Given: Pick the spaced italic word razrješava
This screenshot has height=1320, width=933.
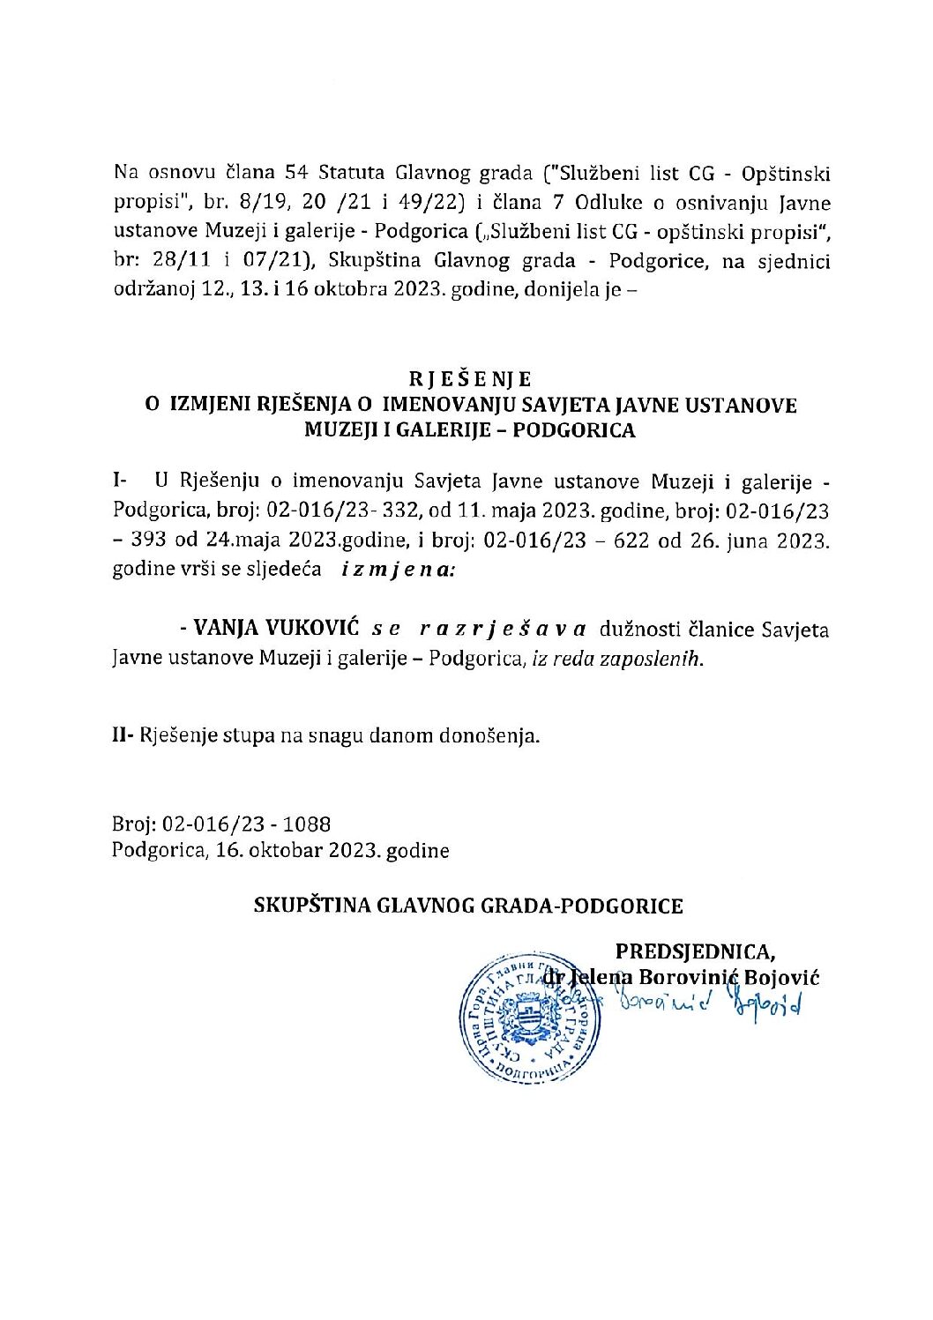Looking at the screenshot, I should (503, 629).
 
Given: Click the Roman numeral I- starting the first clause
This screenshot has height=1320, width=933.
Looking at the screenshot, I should (119, 481).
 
